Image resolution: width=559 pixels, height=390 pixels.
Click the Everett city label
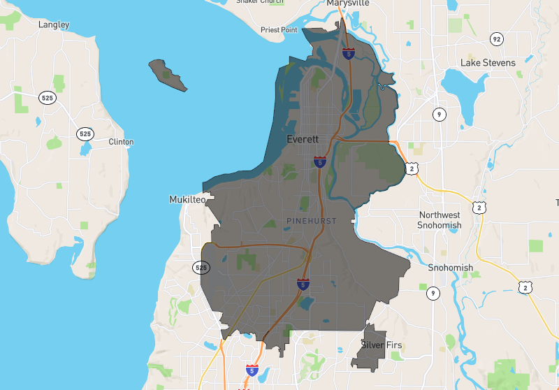click(303, 139)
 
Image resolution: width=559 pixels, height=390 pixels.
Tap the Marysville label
click(347, 3)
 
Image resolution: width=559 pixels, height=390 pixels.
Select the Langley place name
click(54, 24)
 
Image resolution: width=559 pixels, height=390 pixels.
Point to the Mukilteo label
click(188, 199)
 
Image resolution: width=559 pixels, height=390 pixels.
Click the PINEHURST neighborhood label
click(312, 221)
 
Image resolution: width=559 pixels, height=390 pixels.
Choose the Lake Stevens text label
click(488, 63)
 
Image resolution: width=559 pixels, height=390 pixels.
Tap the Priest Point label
click(279, 30)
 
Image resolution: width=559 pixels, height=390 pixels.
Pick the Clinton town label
click(121, 142)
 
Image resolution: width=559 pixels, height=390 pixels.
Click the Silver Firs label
click(382, 345)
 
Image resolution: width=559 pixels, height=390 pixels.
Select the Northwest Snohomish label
click(440, 220)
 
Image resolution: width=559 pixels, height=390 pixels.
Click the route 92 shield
click(496, 38)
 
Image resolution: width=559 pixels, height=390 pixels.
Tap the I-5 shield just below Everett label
click(319, 162)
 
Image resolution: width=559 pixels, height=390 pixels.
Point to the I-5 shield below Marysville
click(348, 52)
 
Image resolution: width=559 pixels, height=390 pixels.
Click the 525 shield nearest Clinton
click(85, 133)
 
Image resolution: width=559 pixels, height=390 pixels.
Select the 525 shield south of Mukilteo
click(201, 267)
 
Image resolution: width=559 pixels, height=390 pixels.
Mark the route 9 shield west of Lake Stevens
click(439, 114)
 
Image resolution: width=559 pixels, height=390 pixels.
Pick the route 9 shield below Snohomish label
click(433, 294)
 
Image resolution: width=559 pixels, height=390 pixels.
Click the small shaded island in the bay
click(168, 75)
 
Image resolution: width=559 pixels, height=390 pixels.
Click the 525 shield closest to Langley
click(48, 97)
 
